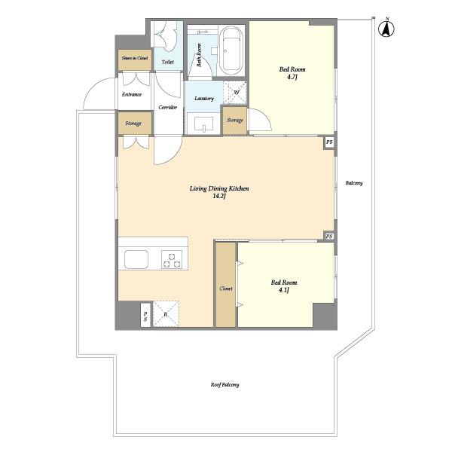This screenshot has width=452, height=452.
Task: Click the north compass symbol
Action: (x=386, y=29)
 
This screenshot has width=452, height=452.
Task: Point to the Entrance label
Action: (x=133, y=94)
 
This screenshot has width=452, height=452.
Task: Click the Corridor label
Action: (x=168, y=108)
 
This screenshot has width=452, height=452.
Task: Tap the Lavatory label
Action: (x=204, y=99)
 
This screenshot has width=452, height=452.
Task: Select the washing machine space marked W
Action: (x=236, y=92)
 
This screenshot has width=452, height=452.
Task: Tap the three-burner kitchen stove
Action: (x=173, y=260)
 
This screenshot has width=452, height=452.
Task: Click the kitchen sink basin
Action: (x=137, y=259)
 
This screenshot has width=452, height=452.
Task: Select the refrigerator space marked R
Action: (x=166, y=313)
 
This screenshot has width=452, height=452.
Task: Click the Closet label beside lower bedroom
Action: (x=226, y=289)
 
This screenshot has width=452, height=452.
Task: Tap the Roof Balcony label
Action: (x=224, y=385)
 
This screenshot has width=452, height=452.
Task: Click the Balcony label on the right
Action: (x=354, y=183)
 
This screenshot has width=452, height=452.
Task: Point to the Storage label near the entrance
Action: (x=133, y=123)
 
